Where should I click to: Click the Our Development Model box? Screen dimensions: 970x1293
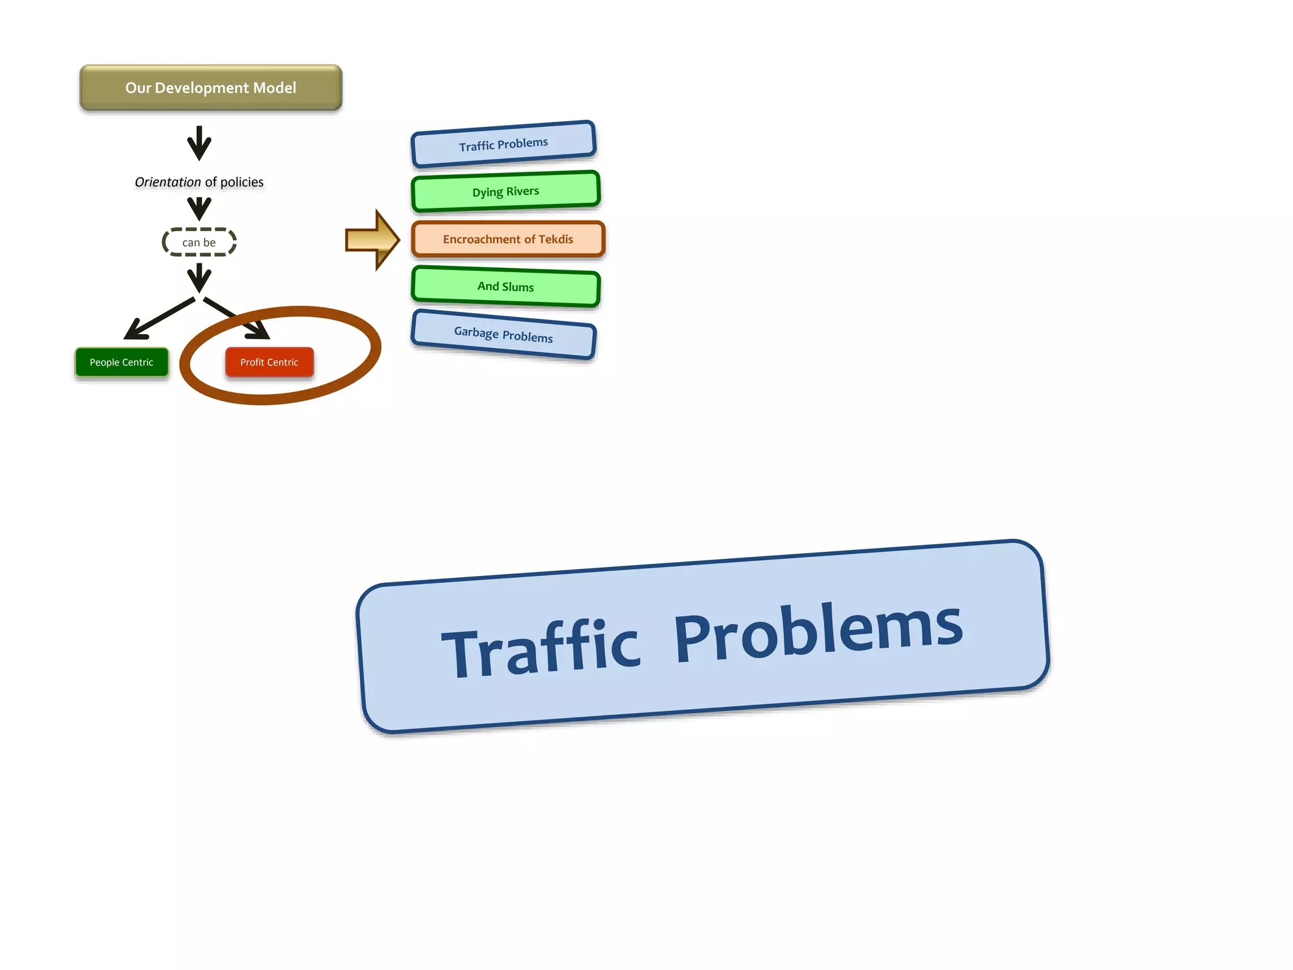(x=210, y=88)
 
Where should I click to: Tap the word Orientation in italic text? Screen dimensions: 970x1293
(x=167, y=183)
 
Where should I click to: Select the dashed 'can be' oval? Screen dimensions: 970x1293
(x=199, y=242)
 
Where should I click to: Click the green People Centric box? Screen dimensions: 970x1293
(x=121, y=362)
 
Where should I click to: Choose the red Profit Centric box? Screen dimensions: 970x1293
(x=269, y=362)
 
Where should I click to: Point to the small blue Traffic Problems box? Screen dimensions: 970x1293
(x=503, y=145)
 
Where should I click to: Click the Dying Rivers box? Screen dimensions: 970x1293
(x=505, y=191)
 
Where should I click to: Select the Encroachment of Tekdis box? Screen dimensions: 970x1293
(x=508, y=239)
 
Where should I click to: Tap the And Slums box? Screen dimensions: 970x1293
(x=505, y=287)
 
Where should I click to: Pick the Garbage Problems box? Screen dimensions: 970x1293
(x=503, y=335)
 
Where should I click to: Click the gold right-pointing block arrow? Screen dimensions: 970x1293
(x=372, y=240)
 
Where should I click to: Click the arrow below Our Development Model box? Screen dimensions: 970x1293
(x=199, y=143)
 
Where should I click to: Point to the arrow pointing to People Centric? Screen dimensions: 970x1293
(x=158, y=319)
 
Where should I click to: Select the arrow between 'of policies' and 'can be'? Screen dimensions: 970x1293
(x=199, y=208)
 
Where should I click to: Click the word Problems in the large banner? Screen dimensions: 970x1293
(x=818, y=632)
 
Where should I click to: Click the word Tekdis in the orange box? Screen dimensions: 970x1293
(x=556, y=239)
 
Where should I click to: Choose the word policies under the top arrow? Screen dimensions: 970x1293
(x=242, y=183)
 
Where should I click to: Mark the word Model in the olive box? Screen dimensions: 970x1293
(x=274, y=88)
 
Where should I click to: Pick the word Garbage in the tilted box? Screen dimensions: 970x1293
(x=476, y=332)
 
